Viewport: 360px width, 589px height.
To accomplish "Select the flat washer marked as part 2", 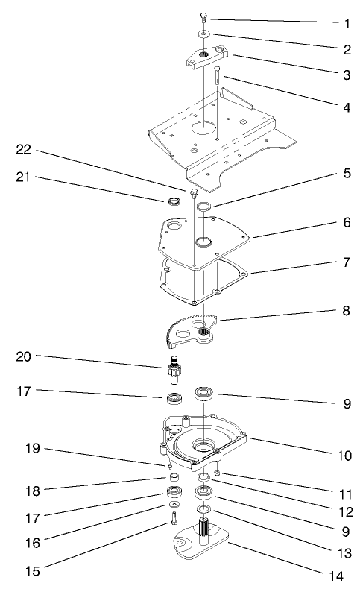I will pyautogui.click(x=203, y=34).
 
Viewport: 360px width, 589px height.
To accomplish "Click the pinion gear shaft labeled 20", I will pyautogui.click(x=176, y=371).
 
